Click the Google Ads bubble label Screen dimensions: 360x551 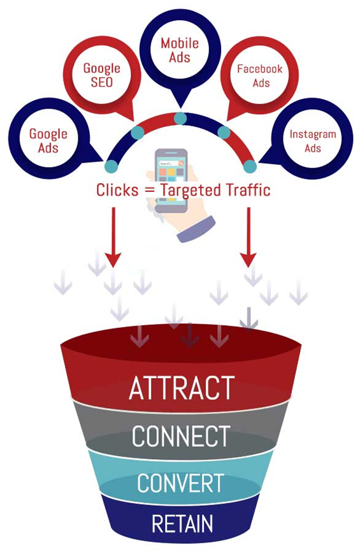coord(48,140)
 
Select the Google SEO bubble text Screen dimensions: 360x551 coord(101,75)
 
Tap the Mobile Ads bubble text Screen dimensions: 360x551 coord(180,50)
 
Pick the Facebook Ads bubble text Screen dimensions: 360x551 coord(259,75)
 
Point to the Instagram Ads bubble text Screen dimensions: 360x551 coord(313,141)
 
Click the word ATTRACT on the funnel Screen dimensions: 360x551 coord(182,388)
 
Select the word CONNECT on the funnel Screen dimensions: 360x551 coord(181,436)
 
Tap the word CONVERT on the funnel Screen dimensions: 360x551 coord(180,483)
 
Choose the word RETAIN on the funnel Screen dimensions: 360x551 coord(182,524)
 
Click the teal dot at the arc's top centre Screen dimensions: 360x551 coord(180,119)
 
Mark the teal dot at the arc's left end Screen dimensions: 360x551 coord(112,166)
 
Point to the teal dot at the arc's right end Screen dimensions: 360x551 coord(250,166)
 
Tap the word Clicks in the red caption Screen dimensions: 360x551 coord(117,190)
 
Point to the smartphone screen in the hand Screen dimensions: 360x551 coord(171,180)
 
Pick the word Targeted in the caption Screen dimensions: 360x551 coord(191,191)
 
